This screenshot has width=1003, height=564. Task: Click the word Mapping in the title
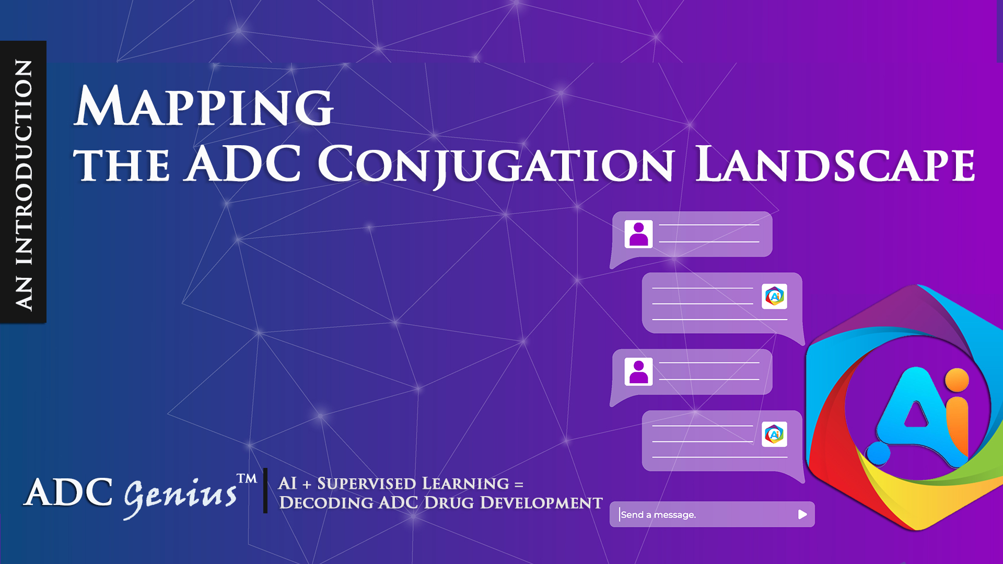click(x=204, y=107)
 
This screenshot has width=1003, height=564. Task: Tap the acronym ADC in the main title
click(x=243, y=163)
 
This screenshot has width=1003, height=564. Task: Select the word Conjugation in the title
click(x=496, y=166)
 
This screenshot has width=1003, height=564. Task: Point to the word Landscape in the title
click(x=835, y=164)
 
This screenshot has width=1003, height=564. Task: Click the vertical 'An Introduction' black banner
click(x=23, y=182)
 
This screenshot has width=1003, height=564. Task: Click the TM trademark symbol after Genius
click(x=247, y=479)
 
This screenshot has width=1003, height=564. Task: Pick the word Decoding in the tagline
click(x=326, y=502)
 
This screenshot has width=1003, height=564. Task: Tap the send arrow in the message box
click(x=802, y=515)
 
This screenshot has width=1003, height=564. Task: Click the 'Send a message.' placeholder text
click(x=658, y=515)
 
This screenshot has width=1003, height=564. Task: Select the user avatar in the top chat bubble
click(x=638, y=234)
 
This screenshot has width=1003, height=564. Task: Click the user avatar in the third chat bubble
click(x=638, y=372)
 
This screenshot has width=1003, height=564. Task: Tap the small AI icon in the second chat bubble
click(x=774, y=297)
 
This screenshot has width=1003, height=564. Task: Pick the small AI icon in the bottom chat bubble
click(x=774, y=434)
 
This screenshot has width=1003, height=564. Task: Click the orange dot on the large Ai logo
click(x=957, y=380)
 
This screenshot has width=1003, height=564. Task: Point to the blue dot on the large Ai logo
click(x=878, y=453)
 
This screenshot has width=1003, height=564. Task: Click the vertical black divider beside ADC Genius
click(x=265, y=490)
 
